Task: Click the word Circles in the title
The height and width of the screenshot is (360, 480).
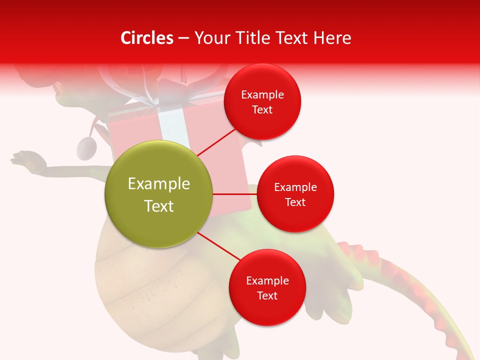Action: [147, 38]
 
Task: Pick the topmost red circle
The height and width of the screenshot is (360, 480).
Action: [262, 101]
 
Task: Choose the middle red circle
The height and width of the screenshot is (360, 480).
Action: [295, 194]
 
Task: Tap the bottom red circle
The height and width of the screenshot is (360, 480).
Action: [267, 287]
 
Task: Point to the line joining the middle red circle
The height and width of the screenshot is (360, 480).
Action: [234, 194]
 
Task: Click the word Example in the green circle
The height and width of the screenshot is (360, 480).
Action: [158, 184]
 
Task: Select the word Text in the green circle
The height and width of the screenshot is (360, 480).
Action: [158, 206]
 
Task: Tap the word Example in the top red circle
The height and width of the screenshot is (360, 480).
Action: [262, 94]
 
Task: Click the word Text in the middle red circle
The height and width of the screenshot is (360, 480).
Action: [295, 202]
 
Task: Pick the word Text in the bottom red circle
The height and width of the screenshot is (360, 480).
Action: [267, 295]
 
